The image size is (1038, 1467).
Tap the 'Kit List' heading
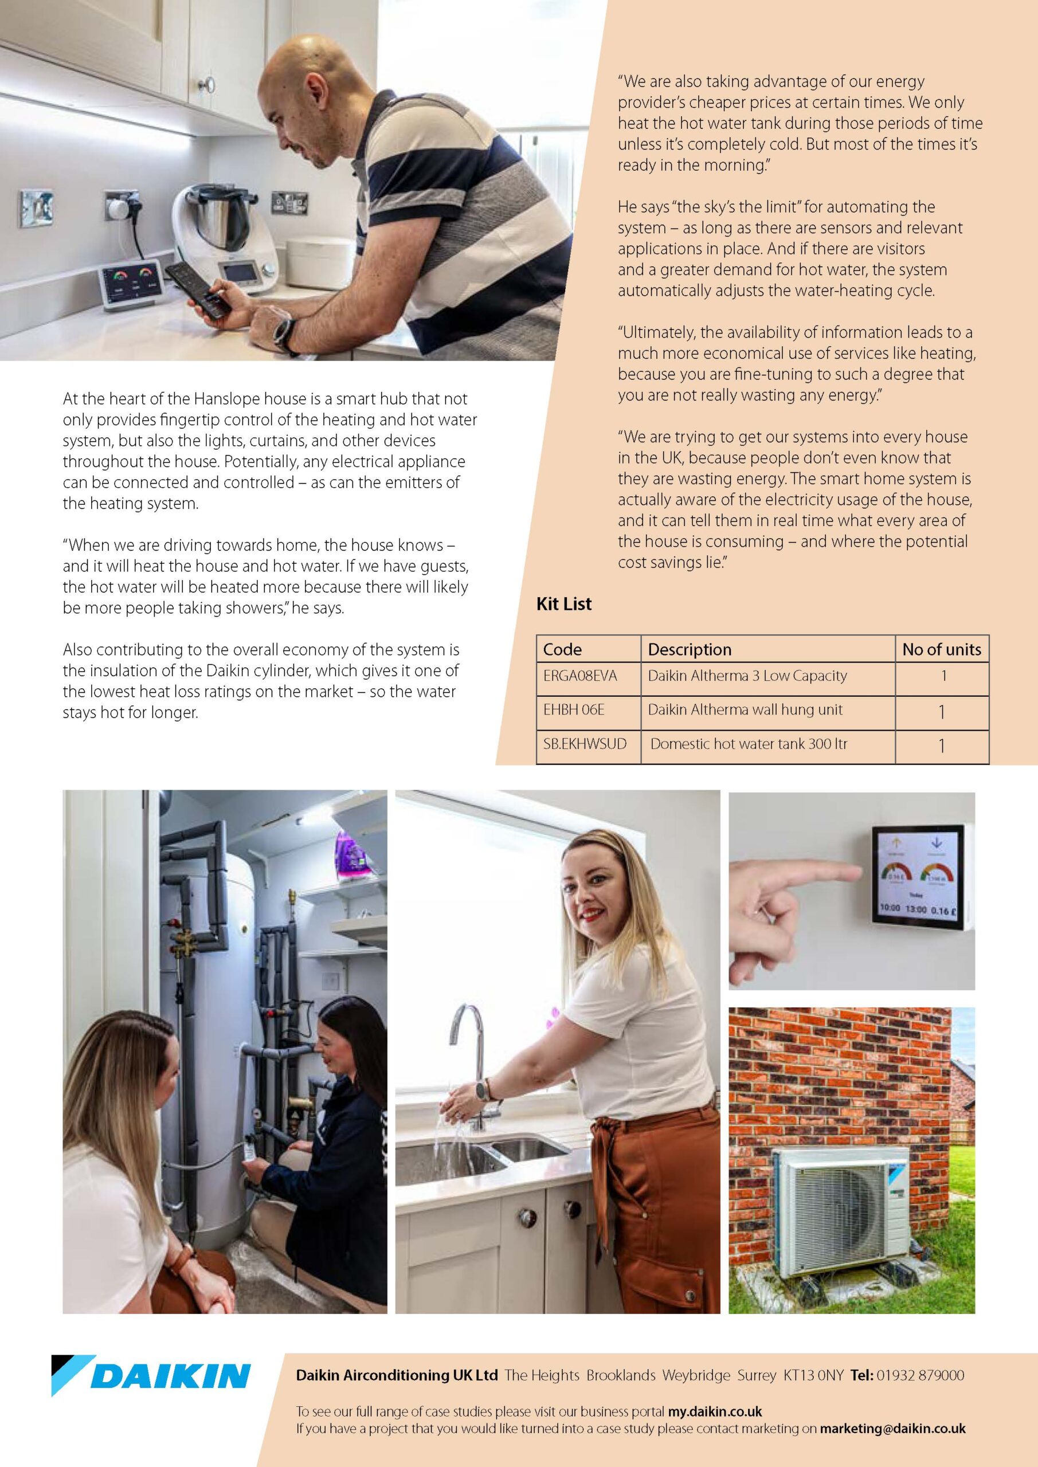[564, 604]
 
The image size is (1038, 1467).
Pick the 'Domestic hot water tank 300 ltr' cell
[749, 744]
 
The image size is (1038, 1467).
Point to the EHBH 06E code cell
[573, 710]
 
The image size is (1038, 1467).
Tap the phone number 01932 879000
[920, 1375]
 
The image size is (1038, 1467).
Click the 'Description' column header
[689, 649]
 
